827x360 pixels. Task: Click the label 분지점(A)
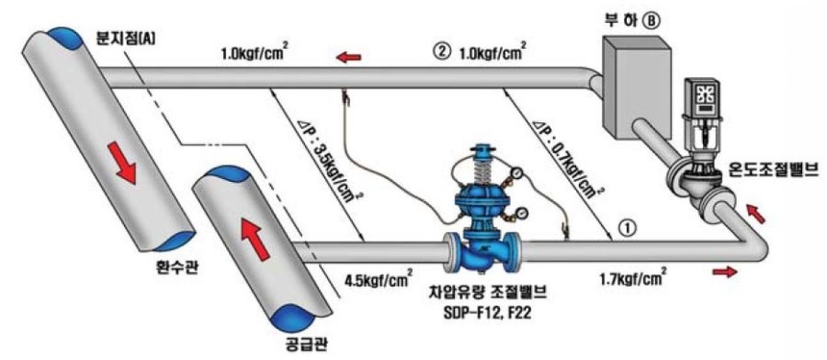(124, 39)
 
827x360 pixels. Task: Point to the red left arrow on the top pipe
(347, 58)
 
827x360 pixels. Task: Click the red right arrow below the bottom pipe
(723, 273)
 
